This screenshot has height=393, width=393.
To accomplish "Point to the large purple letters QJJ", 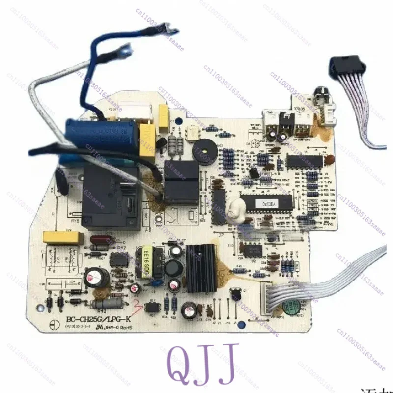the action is pyautogui.click(x=201, y=364).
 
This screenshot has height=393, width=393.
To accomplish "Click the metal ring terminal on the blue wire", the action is pyautogui.click(x=127, y=49).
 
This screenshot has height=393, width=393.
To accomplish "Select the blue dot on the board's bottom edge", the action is pyautogui.click(x=156, y=282).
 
